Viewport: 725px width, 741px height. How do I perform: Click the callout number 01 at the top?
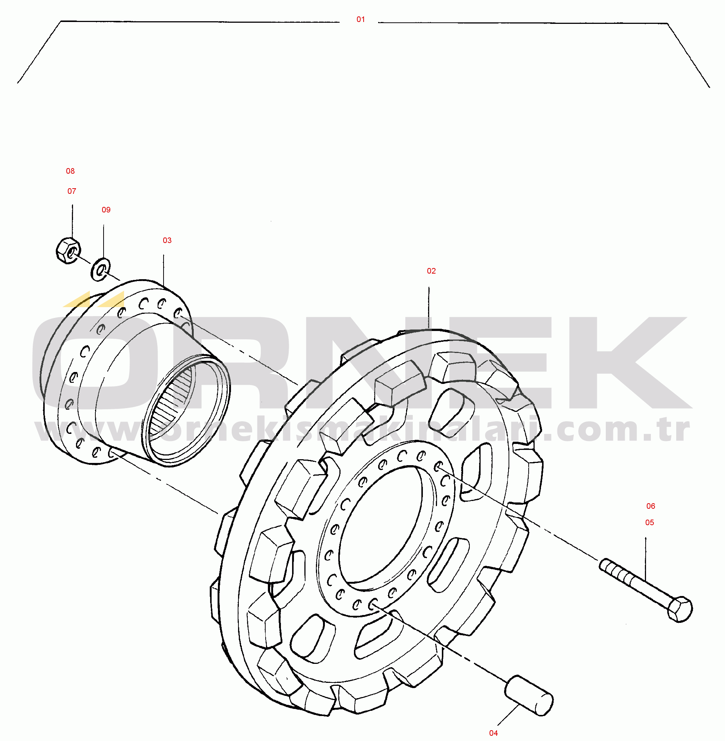pos(361,19)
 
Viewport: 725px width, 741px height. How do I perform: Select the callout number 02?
pos(431,271)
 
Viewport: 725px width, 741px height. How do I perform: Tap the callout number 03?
pos(167,240)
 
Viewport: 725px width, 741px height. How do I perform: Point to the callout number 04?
pos(494,733)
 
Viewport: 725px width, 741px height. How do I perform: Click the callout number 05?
pos(650,523)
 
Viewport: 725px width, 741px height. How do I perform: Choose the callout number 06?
pos(651,506)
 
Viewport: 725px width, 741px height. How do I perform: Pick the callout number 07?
pos(72,191)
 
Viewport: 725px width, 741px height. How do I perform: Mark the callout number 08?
pos(70,171)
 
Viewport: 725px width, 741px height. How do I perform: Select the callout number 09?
pos(106,210)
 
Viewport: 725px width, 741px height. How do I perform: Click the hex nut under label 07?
pos(68,250)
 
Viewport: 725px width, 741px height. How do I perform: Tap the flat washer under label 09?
pos(100,270)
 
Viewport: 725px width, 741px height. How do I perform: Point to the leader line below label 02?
pos(429,308)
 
